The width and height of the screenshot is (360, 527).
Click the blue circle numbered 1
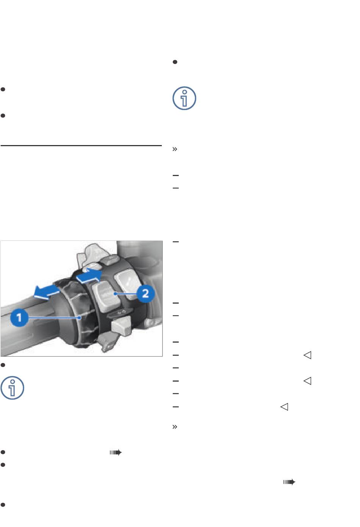[19, 317]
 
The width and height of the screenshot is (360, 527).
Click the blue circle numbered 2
[146, 293]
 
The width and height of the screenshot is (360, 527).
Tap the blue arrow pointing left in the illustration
[47, 292]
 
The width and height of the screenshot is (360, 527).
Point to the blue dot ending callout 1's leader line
[80, 318]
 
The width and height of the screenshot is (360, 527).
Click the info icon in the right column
[184, 98]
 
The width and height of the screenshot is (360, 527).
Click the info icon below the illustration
[12, 388]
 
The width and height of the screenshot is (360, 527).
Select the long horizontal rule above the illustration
[81, 146]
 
